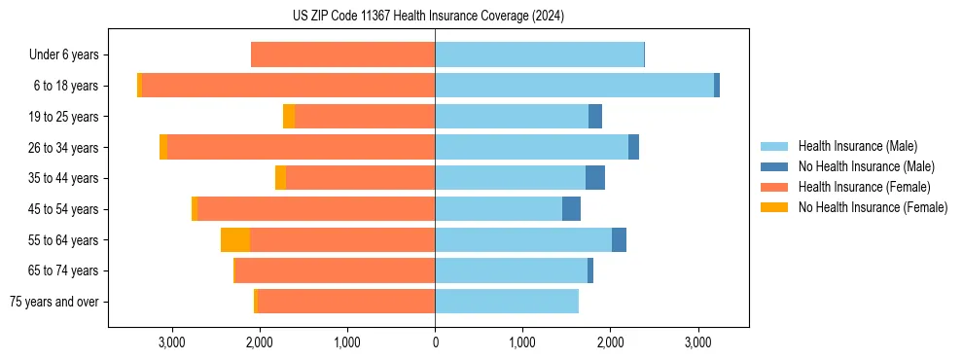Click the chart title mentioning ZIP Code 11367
pos(428,16)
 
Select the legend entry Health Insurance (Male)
pos(857,146)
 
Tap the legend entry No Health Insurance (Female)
pos(873,207)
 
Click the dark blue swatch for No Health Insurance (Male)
pos(775,166)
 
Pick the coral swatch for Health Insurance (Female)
pos(775,187)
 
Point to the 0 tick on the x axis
pos(435,342)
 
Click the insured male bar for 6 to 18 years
pos(574,86)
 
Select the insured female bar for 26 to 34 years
pos(301,147)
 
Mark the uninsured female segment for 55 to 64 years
pos(235,239)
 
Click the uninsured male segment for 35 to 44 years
pos(595,178)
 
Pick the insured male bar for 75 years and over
pos(507,302)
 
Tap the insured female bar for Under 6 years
pos(342,55)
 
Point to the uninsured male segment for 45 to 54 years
pos(571,209)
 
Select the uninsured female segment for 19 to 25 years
pos(289,117)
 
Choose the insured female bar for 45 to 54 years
pos(316,209)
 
